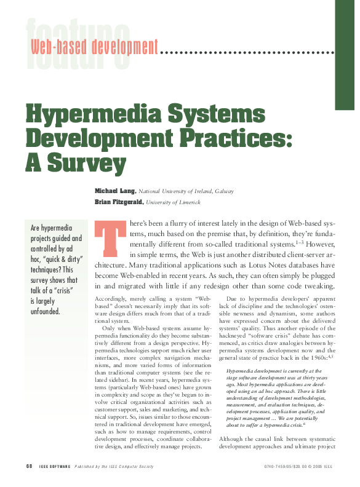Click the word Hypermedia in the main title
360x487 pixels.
[80, 116]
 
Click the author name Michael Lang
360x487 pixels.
[115, 191]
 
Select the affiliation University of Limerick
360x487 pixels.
[172, 202]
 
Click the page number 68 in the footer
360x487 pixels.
[29, 465]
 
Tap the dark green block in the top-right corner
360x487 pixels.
[347, 55]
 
